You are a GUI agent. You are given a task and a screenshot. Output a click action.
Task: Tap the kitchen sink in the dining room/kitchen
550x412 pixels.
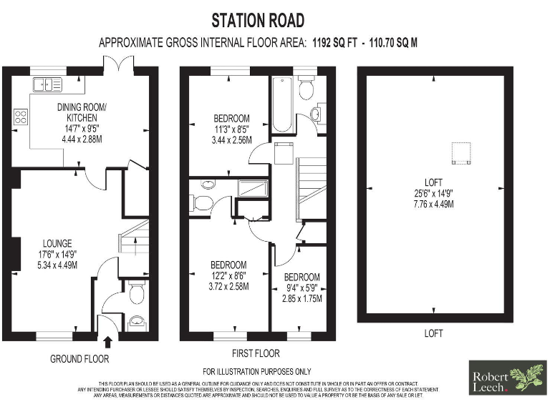(47, 84)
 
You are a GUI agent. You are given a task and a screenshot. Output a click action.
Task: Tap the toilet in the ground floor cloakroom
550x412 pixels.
(136, 292)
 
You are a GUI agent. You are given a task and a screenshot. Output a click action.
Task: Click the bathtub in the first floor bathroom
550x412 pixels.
(280, 105)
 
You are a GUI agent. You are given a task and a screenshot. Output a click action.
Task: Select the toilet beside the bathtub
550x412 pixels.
(307, 89)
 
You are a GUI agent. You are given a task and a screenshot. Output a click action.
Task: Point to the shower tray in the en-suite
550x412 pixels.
(253, 188)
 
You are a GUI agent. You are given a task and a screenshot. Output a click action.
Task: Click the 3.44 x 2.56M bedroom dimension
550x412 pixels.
(232, 141)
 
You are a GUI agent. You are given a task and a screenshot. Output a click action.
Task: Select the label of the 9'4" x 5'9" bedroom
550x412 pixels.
(301, 278)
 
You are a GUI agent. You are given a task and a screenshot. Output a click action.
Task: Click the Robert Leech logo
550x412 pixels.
(506, 378)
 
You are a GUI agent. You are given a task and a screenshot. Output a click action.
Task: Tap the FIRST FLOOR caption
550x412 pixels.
(256, 353)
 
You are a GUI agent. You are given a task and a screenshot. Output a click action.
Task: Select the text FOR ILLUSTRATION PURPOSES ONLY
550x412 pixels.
(256, 371)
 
